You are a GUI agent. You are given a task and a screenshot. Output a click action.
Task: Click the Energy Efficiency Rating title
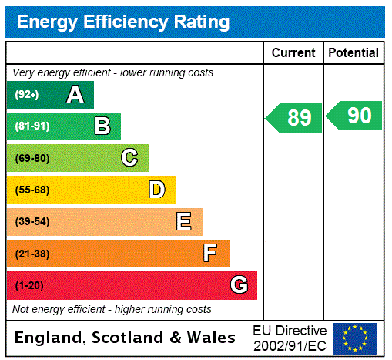[x=123, y=22]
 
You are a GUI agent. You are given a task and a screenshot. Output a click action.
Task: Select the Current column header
[x=293, y=53]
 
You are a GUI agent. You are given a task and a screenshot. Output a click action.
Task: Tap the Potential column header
[x=353, y=53]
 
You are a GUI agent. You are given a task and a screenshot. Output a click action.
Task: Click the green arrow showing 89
[x=295, y=118]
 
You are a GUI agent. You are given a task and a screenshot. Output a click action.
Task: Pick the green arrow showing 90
[x=355, y=116]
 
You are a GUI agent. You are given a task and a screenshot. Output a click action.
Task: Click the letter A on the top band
[x=75, y=95]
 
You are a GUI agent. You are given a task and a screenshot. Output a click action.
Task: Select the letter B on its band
[x=102, y=126]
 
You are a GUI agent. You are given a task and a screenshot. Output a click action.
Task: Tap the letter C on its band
[x=129, y=158]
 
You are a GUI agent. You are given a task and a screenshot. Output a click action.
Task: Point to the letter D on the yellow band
[x=156, y=190]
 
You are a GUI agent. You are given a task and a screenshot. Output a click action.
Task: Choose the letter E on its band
[x=184, y=222]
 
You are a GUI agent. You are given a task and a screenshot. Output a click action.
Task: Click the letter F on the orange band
[x=210, y=254]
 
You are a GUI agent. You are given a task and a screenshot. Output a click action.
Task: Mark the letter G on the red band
[x=239, y=285]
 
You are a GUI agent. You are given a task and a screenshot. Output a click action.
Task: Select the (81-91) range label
[x=32, y=126]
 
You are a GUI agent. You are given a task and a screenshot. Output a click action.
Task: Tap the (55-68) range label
[x=32, y=190]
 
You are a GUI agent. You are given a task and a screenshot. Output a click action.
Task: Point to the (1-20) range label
[x=29, y=285]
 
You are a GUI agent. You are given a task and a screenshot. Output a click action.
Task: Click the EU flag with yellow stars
[x=355, y=338]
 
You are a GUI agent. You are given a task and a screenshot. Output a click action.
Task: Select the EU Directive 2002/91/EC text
[x=290, y=338]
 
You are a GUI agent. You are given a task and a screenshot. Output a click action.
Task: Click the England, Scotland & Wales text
[x=126, y=338]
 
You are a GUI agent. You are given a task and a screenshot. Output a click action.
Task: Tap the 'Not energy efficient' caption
[x=112, y=309]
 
